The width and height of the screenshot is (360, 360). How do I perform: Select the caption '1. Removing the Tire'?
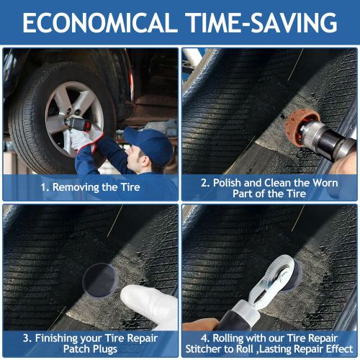(x=90, y=186)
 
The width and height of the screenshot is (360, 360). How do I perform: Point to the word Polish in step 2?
(x=229, y=182)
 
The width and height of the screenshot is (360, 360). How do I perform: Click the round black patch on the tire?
(x=100, y=278)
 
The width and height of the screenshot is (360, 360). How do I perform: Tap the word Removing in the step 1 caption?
(x=78, y=186)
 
